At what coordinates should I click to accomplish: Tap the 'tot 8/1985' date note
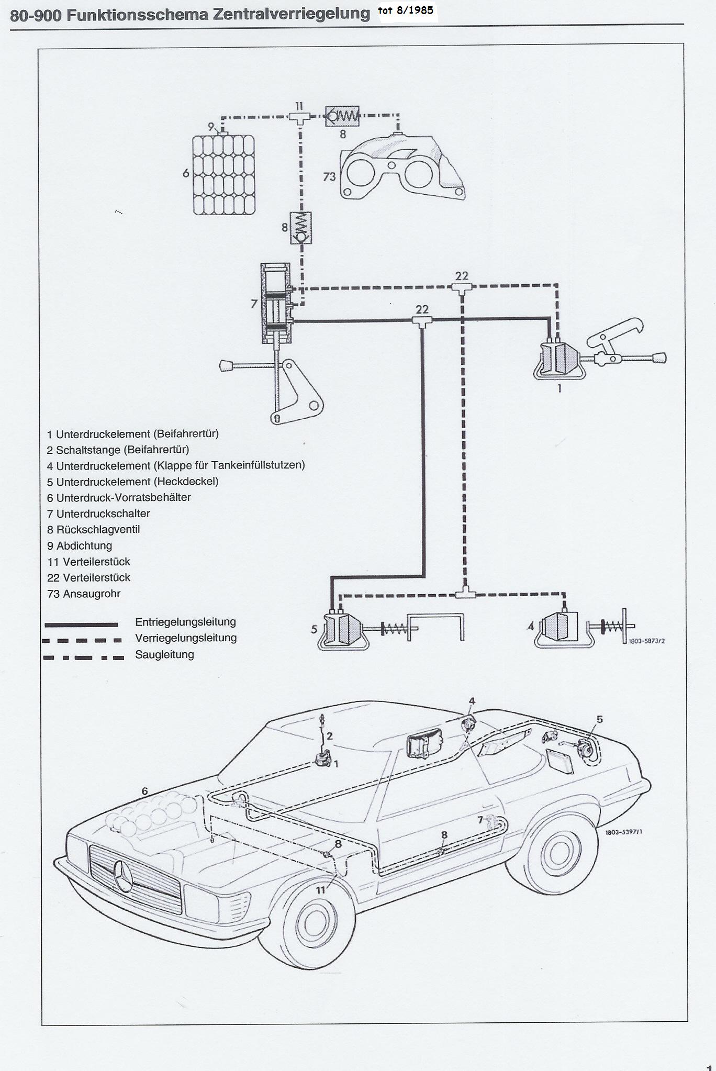click(x=406, y=10)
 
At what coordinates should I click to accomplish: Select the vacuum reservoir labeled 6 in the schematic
click(x=223, y=174)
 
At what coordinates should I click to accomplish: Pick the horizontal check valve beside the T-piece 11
click(x=342, y=117)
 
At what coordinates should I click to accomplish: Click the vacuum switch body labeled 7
click(x=276, y=304)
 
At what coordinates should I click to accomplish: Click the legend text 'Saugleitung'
click(x=164, y=654)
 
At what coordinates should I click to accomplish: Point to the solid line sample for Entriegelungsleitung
click(x=81, y=624)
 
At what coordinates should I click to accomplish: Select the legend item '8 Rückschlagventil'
click(x=94, y=529)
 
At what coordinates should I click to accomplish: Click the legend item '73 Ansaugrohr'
click(x=84, y=594)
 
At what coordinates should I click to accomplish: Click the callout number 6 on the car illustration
click(x=145, y=791)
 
